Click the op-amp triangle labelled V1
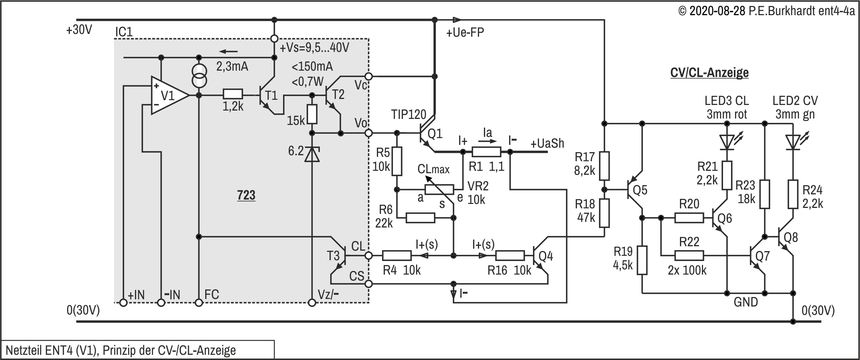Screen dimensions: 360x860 168,95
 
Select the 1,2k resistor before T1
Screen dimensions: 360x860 233,95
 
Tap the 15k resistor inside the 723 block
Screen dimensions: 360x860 312,114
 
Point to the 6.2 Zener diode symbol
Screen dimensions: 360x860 312,154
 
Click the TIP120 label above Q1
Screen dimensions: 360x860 409,115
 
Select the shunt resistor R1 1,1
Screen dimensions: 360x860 486,152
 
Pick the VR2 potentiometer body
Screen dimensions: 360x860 439,190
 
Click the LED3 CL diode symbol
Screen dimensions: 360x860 727,142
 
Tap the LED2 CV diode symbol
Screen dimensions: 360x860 793,142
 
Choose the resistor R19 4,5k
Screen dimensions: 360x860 642,260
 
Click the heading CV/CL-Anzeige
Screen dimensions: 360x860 709,73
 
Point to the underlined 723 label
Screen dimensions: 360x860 246,195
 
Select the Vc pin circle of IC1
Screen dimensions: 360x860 369,76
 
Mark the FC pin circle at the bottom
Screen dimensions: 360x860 199,303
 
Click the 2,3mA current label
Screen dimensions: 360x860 232,66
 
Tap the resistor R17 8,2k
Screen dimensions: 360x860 604,166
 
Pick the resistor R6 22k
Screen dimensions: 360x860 420,218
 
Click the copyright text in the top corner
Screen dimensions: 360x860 767,11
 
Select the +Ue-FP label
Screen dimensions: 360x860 465,33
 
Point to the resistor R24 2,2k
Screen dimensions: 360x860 793,194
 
